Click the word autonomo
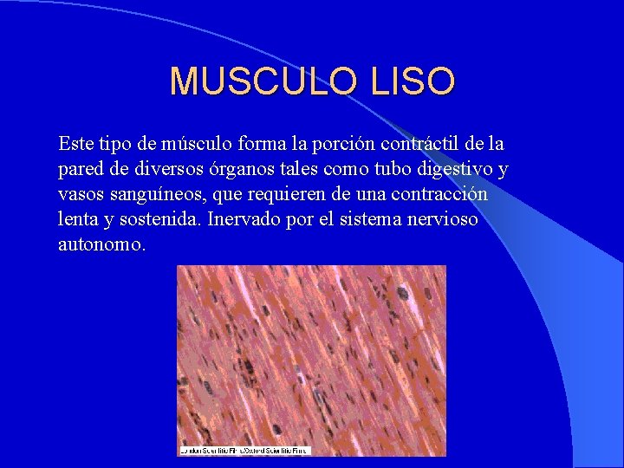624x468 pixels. click(x=101, y=245)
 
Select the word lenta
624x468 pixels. click(x=77, y=219)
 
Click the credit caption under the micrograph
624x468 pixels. click(x=244, y=451)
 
